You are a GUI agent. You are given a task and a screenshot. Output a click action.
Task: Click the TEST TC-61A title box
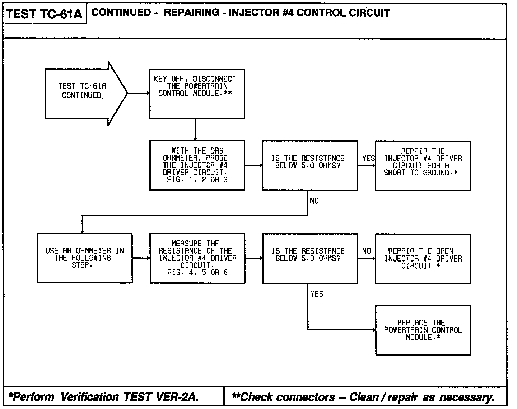[x=45, y=14]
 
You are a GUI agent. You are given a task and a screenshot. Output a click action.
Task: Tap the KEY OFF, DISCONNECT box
[x=197, y=94]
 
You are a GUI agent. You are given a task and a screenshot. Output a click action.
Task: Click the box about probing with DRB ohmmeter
[x=197, y=165]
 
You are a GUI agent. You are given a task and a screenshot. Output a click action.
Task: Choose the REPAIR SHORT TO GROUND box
[x=423, y=165]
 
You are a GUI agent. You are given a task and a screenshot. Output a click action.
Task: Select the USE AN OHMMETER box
[x=84, y=258]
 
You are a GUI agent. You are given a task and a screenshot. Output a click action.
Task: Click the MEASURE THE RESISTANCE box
[x=197, y=258]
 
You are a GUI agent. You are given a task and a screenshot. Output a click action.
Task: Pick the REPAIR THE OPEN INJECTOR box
[x=423, y=258]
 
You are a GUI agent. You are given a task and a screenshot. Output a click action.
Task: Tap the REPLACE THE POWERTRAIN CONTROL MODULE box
[x=423, y=330]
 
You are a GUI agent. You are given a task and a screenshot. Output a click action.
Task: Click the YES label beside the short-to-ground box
[x=368, y=158]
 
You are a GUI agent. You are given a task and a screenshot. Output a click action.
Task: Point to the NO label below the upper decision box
[x=314, y=201]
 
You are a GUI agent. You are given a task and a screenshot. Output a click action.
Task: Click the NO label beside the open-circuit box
[x=367, y=251]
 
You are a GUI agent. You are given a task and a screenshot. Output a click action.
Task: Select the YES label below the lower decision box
[x=317, y=294]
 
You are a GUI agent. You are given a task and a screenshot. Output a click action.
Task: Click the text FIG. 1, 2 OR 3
[x=197, y=179]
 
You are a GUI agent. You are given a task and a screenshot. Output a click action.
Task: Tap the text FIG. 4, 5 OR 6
[x=197, y=272]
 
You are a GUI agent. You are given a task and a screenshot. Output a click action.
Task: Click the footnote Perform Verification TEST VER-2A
[x=104, y=397]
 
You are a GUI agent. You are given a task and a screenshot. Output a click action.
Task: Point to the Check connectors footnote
[x=363, y=397]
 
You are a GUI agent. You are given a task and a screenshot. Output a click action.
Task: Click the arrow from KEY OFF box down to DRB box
[x=195, y=130]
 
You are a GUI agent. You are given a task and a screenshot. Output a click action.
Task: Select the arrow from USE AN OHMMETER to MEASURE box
[x=141, y=258]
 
